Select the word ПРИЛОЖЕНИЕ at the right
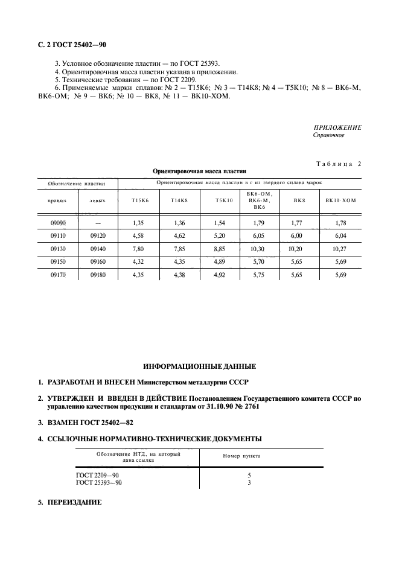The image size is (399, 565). click(x=337, y=128)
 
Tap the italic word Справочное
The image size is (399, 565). click(x=328, y=135)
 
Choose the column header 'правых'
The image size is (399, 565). click(x=57, y=200)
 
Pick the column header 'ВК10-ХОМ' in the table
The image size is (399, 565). click(x=341, y=200)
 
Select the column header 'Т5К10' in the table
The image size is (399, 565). click(x=223, y=200)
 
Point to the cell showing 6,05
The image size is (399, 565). click(x=258, y=235)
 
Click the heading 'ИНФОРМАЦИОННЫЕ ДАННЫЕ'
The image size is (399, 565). click(x=199, y=366)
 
